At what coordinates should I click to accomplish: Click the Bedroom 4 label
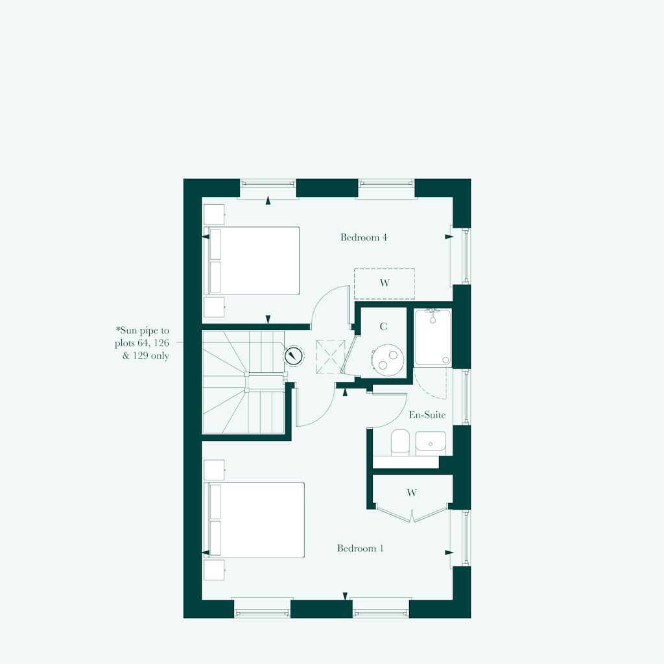click(x=364, y=237)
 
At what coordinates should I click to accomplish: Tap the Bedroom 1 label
click(x=361, y=549)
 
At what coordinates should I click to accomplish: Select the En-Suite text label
click(x=427, y=415)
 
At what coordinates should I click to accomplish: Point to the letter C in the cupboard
click(x=383, y=327)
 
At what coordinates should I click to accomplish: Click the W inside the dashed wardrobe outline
click(x=385, y=283)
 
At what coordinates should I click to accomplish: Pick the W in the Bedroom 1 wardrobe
click(x=412, y=493)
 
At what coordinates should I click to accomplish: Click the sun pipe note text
click(x=142, y=343)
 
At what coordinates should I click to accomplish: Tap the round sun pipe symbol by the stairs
click(x=294, y=355)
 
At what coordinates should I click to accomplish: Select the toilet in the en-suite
click(x=399, y=442)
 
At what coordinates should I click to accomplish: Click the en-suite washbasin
click(x=431, y=442)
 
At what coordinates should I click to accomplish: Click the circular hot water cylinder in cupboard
click(x=388, y=359)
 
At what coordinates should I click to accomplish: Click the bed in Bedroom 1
click(x=254, y=519)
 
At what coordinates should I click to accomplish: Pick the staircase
click(x=244, y=382)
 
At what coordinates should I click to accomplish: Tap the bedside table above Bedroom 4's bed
click(x=214, y=215)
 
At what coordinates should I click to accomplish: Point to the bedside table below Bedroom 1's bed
click(x=214, y=570)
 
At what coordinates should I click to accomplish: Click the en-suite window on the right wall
click(x=466, y=397)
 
